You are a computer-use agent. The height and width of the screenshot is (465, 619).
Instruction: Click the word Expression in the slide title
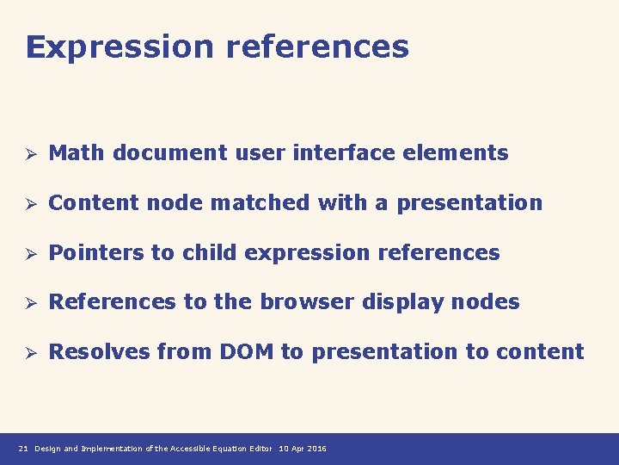tap(120, 47)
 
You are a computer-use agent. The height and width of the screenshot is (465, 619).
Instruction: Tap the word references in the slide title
tap(317, 47)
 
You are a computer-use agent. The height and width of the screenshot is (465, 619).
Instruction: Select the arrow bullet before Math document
tap(28, 154)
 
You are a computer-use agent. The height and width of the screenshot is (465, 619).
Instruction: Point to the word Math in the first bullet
tap(77, 153)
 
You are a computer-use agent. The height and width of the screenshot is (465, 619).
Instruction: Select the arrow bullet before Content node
tap(28, 204)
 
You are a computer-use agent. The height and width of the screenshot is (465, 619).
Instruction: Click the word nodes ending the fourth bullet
tap(491, 302)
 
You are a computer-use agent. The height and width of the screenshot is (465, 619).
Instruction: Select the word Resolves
tap(96, 352)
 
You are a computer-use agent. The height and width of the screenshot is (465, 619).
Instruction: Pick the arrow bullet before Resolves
tap(28, 353)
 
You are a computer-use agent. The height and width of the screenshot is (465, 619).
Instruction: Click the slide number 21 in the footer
tap(23, 449)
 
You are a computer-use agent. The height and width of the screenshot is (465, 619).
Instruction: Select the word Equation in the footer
tap(231, 449)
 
